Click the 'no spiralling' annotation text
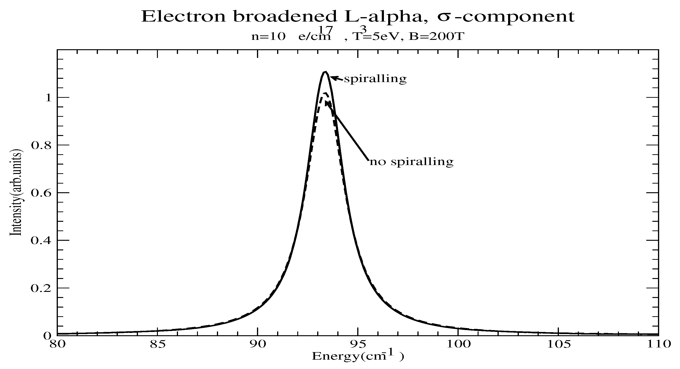click(412, 162)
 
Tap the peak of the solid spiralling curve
click(326, 72)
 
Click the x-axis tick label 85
click(157, 344)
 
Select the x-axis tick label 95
click(357, 344)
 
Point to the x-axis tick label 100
click(457, 344)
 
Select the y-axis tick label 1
click(48, 98)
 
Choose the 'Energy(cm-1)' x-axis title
click(357, 357)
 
